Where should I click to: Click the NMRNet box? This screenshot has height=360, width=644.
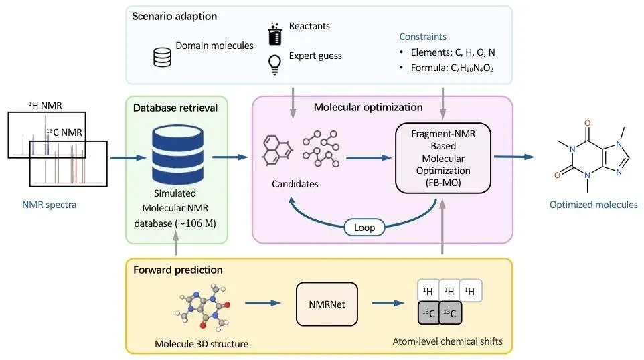pyautogui.click(x=327, y=304)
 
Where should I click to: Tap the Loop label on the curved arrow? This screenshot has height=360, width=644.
pyautogui.click(x=364, y=228)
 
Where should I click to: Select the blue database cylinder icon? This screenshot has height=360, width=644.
pyautogui.click(x=177, y=155)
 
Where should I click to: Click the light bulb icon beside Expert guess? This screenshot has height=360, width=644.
pyautogui.click(x=274, y=64)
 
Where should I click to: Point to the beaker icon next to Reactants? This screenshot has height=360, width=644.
pyautogui.click(x=274, y=33)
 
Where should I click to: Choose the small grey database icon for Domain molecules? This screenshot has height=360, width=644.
pyautogui.click(x=162, y=57)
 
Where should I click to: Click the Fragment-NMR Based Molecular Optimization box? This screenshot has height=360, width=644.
pyautogui.click(x=442, y=158)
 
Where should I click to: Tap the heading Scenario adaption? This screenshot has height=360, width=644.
pyautogui.click(x=175, y=17)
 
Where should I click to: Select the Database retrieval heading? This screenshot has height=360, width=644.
pyautogui.click(x=175, y=108)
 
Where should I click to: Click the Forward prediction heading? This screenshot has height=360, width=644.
pyautogui.click(x=178, y=270)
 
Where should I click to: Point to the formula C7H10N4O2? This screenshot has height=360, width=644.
pyautogui.click(x=472, y=68)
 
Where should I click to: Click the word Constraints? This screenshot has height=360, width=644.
pyautogui.click(x=422, y=37)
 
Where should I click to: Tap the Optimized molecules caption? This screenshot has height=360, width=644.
pyautogui.click(x=594, y=205)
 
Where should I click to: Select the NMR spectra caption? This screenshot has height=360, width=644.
pyautogui.click(x=50, y=205)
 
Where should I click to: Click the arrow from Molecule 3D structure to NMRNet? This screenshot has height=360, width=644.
pyautogui.click(x=263, y=303)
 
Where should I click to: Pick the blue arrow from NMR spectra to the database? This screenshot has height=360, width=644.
pyautogui.click(x=129, y=158)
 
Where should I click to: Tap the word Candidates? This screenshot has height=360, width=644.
pyautogui.click(x=295, y=184)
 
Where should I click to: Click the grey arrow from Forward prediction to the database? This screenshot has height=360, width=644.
pyautogui.click(x=176, y=243)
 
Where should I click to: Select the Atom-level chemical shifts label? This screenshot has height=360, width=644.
pyautogui.click(x=447, y=341)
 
